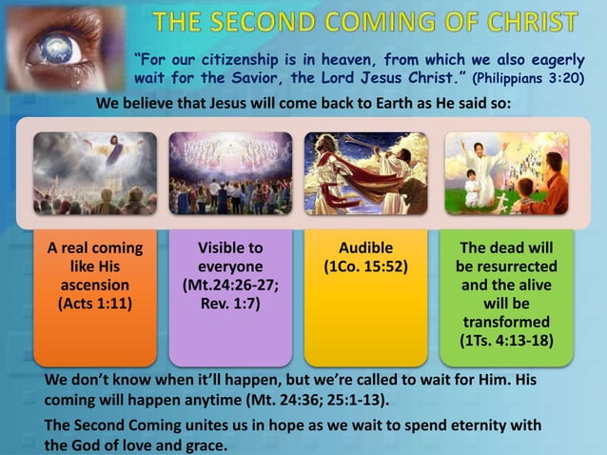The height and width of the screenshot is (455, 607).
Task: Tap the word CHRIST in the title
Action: (x=533, y=21)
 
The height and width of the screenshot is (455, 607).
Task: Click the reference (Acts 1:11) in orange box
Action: (x=95, y=304)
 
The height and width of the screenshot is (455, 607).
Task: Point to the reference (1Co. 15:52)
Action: (x=365, y=267)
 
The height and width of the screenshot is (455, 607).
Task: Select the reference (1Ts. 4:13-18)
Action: (x=507, y=340)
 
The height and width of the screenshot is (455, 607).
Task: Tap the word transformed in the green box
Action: (x=507, y=322)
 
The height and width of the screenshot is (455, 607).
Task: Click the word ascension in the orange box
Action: (x=95, y=286)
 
